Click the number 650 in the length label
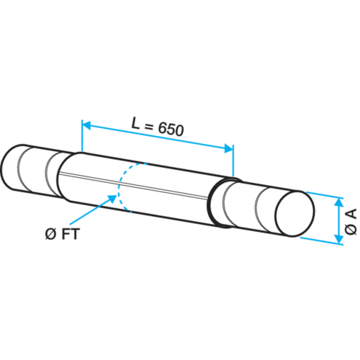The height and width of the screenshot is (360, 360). click(171, 130)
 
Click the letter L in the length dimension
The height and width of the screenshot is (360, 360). click(136, 123)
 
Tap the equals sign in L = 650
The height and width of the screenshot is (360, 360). click(149, 126)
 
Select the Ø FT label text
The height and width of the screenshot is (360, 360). click(63, 234)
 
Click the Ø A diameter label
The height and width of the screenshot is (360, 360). click(351, 222)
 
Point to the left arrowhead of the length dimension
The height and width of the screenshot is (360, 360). click(86, 125)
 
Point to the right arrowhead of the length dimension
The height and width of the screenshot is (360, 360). click(228, 149)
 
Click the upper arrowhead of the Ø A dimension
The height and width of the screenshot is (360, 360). click(338, 203)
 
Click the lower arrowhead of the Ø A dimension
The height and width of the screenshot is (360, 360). click(338, 239)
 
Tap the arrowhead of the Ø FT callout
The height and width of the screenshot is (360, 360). click(112, 199)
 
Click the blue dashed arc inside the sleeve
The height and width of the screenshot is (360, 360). click(118, 187)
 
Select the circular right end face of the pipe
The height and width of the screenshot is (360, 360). click(295, 213)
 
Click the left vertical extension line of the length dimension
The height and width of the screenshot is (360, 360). click(82, 135)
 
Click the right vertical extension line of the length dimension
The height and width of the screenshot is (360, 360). click(233, 161)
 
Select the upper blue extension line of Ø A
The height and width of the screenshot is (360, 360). click(325, 195)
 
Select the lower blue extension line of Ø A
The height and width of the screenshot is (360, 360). click(322, 241)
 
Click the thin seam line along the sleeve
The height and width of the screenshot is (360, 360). click(133, 185)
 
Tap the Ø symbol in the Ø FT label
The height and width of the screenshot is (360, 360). click(50, 234)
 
